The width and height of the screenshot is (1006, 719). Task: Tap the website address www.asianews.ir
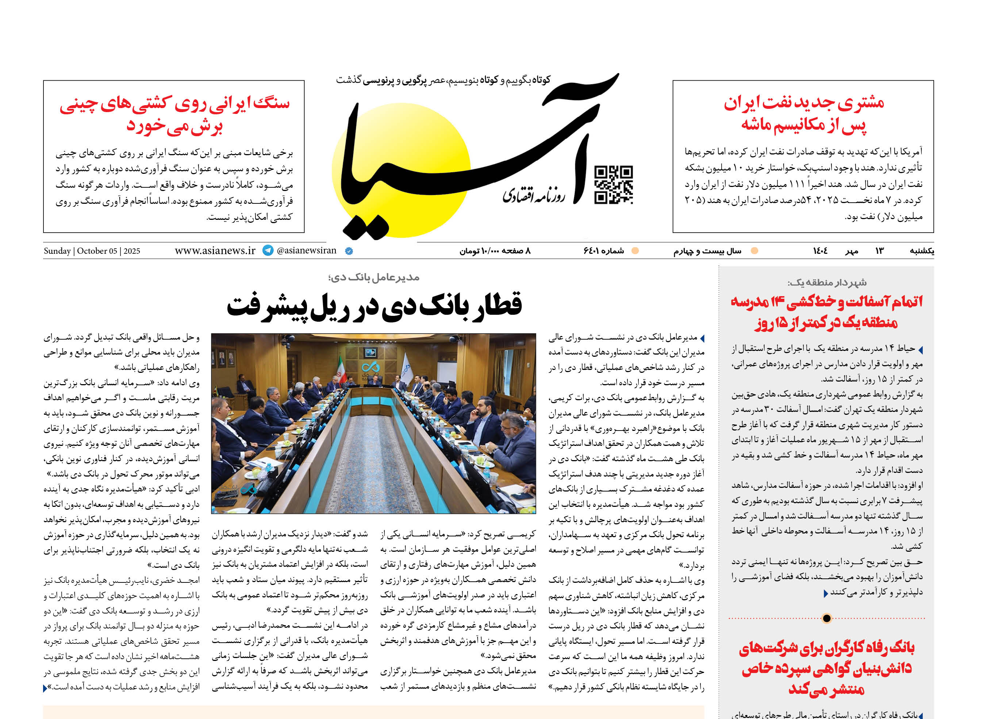pyautogui.click(x=215, y=250)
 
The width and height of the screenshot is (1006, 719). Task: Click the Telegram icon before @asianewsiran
pyautogui.click(x=268, y=250)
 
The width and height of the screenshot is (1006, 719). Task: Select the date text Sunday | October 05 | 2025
pyautogui.click(x=92, y=251)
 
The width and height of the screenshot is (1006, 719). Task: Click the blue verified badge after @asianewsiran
pyautogui.click(x=349, y=251)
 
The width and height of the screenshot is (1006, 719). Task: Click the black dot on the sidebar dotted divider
pyautogui.click(x=826, y=618)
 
